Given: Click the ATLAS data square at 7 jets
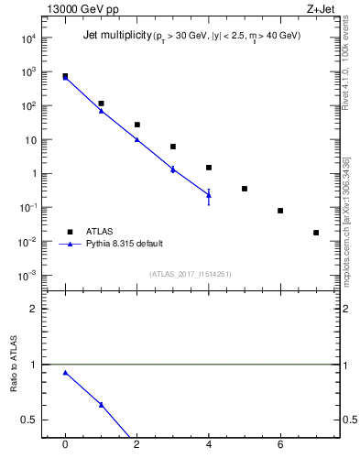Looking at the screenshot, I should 316,233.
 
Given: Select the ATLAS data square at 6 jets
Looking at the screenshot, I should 280,211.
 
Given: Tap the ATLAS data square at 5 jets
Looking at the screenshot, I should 245,189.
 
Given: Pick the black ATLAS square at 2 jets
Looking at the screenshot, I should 136,125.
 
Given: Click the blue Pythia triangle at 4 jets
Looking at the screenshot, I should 209,194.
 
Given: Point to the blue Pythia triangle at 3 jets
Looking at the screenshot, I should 172,169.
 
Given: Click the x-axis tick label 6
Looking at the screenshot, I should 280,444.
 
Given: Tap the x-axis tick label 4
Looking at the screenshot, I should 209,444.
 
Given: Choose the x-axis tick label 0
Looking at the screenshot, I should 64,444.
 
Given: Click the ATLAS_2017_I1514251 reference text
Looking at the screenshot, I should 190,274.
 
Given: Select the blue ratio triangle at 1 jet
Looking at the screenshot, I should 101,404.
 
